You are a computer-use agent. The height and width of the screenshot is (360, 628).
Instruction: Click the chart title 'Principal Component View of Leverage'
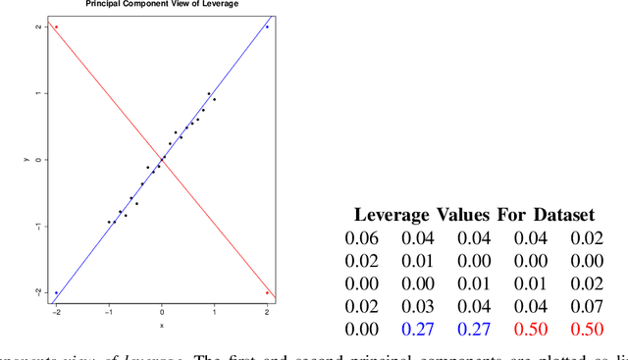tap(162, 4)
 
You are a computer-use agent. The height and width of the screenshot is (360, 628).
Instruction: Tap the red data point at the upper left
tap(56, 26)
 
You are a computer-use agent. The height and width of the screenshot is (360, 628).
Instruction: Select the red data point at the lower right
tap(267, 292)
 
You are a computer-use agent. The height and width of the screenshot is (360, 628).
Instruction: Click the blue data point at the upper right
tap(267, 26)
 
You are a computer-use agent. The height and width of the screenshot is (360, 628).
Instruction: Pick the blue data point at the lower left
tap(56, 292)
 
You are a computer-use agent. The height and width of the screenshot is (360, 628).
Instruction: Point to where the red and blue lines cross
tap(162, 160)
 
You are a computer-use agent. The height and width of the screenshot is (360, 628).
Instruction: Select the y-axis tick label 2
tap(37, 26)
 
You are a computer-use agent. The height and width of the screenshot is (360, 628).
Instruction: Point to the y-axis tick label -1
tap(37, 227)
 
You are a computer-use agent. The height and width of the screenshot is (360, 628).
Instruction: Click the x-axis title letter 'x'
tap(162, 326)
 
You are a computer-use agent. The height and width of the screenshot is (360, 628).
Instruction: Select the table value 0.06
tap(361, 237)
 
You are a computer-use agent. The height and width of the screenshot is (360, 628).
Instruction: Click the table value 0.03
tap(419, 306)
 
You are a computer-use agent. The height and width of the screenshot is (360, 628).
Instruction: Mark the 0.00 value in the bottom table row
tap(361, 329)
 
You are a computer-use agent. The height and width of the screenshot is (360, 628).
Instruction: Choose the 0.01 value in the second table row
tap(419, 261)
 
